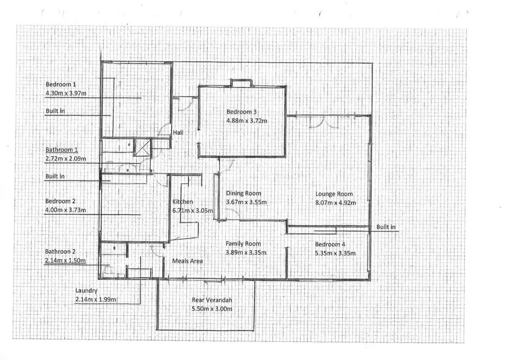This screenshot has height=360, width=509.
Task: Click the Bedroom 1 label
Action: pyautogui.click(x=59, y=84)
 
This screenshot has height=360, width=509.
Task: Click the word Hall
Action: pyautogui.click(x=178, y=132)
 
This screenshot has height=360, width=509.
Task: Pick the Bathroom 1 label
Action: pyautogui.click(x=62, y=150)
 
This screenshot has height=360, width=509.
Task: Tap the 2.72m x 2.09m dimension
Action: pyautogui.click(x=66, y=158)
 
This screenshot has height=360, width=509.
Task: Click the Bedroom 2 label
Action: pyautogui.click(x=60, y=201)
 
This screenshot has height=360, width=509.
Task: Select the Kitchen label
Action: pyautogui.click(x=183, y=202)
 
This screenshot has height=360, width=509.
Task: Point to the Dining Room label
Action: pyautogui.click(x=243, y=193)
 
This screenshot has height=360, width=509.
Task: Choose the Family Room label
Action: pyautogui.click(x=243, y=243)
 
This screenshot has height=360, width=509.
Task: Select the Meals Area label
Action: pyautogui.click(x=187, y=261)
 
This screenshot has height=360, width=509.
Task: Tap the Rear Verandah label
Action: pyautogui.click(x=213, y=300)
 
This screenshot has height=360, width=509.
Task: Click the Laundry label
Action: pyautogui.click(x=87, y=290)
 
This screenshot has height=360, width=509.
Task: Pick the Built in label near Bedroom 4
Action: pyautogui.click(x=386, y=227)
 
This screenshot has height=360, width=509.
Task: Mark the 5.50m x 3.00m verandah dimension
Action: pyautogui.click(x=213, y=308)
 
